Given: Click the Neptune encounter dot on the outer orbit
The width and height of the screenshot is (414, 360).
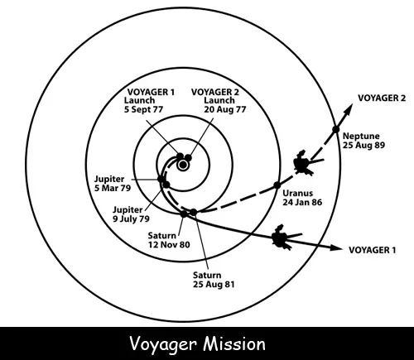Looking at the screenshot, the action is pos(335,129).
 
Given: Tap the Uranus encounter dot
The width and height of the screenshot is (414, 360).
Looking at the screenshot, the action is pos(277,185).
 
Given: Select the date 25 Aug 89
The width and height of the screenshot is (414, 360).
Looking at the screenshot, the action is pos(363,145).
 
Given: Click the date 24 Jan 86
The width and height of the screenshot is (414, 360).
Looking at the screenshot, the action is pos(302,202).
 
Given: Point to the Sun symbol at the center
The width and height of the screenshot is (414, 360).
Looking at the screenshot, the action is pos(183,166).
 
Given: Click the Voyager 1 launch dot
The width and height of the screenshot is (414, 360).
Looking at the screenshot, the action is pos(180,156).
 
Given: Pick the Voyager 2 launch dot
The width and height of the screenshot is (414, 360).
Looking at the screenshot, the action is pos(188,158).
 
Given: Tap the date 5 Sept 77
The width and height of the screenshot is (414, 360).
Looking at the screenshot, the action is pos(143,109).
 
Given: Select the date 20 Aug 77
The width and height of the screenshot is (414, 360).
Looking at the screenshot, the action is pos(224,109).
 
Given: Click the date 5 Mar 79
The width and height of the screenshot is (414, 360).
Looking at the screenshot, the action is pos(113,188).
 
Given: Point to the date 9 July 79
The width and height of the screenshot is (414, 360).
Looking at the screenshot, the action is pos(131,219).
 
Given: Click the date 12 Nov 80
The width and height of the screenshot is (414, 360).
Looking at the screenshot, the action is pos(169,245).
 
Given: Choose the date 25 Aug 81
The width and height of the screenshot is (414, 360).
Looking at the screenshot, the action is pos(214,284).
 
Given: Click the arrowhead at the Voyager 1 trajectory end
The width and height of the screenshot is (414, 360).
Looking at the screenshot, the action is pos(336,247).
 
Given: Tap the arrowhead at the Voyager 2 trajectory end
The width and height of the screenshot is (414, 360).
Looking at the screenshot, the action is pos(349,108).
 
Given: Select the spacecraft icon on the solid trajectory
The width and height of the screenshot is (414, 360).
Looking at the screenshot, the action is pos(284,238).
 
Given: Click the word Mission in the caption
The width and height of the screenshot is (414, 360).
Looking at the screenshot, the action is pos(234,344).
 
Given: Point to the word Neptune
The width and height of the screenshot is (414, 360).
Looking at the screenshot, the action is pos(361,137).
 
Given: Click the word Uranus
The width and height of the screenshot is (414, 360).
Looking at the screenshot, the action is pos(297,193).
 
